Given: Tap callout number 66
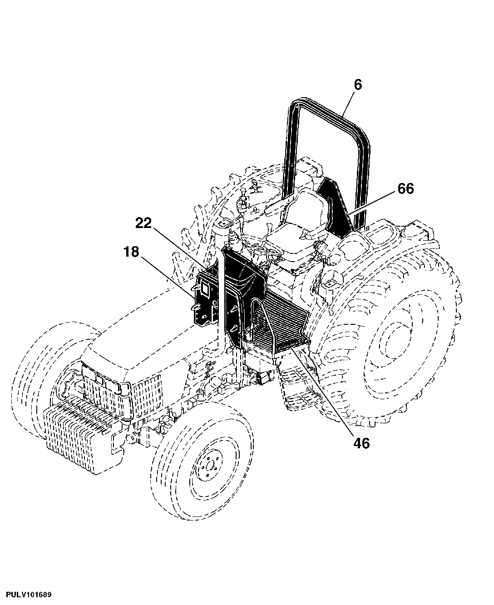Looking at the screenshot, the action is (x=406, y=188).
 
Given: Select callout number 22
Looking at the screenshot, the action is (x=143, y=223).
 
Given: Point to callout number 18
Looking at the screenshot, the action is (x=131, y=252).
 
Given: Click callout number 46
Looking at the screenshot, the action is (x=361, y=443).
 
